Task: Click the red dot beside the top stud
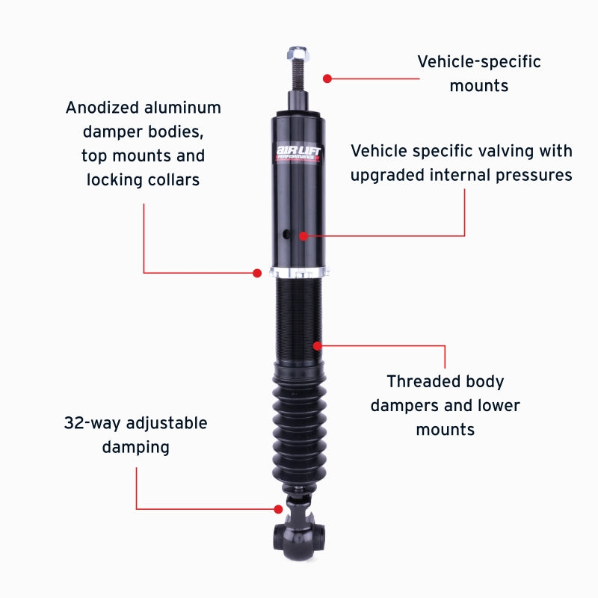(327, 78)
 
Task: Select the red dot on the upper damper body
(303, 235)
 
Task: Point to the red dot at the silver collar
(257, 273)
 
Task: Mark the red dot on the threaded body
(318, 345)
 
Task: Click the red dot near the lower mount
(278, 509)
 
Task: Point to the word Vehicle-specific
(478, 61)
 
